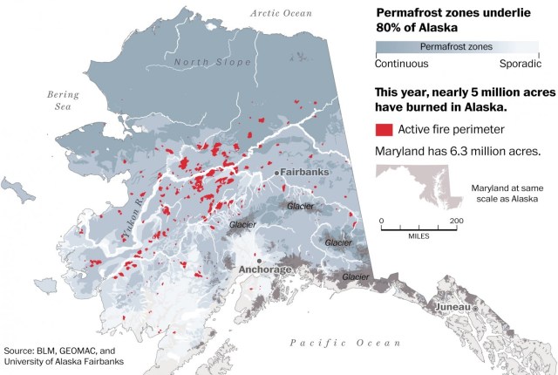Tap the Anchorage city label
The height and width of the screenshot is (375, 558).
tap(265, 269)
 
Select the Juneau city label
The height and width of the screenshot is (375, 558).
tap(453, 307)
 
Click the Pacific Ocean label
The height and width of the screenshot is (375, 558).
tap(345, 343)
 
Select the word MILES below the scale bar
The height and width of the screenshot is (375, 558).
tap(418, 236)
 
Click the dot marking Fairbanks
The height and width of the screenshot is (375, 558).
tap(277, 174)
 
